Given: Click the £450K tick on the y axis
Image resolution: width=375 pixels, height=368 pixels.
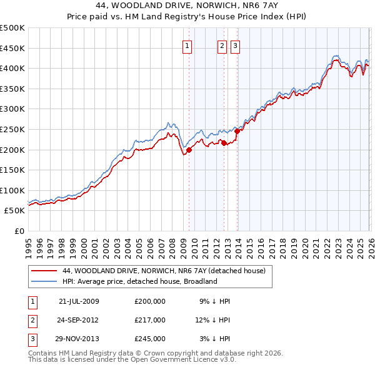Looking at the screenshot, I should point(12,48).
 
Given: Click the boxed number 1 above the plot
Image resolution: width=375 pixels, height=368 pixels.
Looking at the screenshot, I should point(187,45).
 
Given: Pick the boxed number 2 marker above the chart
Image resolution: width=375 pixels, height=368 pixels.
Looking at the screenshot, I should point(222,45).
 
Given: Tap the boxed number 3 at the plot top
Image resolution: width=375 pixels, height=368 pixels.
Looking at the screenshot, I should point(235,45).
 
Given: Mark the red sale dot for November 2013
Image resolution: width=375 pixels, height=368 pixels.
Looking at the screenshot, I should point(237,131).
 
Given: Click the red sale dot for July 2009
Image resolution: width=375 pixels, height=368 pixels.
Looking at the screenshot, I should point(189,150).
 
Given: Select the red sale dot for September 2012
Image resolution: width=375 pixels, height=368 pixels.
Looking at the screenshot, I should point(224,143).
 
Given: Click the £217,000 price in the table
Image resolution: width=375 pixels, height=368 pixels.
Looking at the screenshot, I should point(150,320).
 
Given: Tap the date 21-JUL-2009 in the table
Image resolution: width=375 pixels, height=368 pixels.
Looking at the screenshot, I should point(79,301).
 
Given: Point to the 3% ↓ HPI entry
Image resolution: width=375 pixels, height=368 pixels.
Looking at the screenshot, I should point(215,339).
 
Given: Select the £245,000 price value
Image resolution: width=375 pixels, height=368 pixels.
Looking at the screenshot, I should point(150,339).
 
